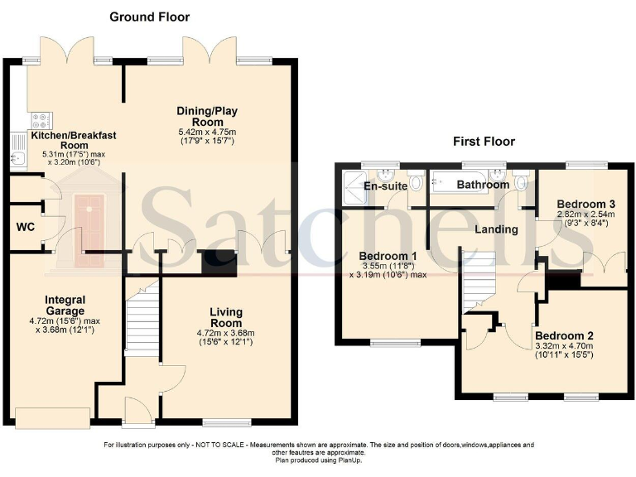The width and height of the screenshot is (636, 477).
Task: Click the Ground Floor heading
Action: [149, 17]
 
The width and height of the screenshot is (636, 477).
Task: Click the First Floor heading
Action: [484, 142]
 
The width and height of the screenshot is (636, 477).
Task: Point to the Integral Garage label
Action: [65, 305]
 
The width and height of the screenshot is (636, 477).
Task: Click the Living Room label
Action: [220, 317]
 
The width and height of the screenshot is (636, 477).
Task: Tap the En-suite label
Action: [386, 186]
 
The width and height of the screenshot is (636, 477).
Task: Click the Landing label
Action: [497, 229]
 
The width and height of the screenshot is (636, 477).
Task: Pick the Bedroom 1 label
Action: [387, 256]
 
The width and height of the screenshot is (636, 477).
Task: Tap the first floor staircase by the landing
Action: [477, 282]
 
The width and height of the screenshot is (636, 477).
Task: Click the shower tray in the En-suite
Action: [354, 187]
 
